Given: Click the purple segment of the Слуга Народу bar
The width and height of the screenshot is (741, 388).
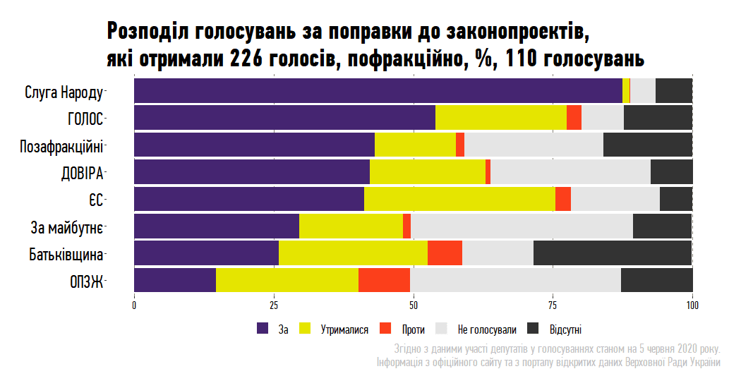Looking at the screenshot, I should (378, 91).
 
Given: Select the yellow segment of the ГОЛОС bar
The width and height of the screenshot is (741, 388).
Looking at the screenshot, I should (501, 117).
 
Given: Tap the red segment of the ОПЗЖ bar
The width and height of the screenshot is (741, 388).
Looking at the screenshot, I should (384, 280).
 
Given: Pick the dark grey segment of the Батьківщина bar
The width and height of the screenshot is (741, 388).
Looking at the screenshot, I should (613, 253).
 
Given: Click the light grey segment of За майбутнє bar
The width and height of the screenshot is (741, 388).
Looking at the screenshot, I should (522, 226).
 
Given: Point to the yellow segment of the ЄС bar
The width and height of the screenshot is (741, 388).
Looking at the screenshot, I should (459, 199).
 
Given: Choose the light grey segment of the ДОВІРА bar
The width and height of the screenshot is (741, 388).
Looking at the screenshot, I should (570, 172).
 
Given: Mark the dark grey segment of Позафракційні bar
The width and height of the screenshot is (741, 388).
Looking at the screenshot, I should (648, 145).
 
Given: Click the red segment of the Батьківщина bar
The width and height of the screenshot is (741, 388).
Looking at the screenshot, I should (445, 253).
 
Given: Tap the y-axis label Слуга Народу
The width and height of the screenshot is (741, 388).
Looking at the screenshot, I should (64, 92).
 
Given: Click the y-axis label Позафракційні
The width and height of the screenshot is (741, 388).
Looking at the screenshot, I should (61, 146).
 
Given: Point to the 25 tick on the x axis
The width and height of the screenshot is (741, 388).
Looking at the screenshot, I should (273, 305).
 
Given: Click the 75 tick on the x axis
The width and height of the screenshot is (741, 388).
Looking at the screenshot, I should (553, 305).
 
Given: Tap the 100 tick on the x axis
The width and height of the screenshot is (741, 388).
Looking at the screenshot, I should (692, 305).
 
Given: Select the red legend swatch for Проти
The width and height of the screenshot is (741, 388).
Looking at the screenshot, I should (385, 329).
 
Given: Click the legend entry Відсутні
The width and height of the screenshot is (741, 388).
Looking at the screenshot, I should (565, 329).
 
